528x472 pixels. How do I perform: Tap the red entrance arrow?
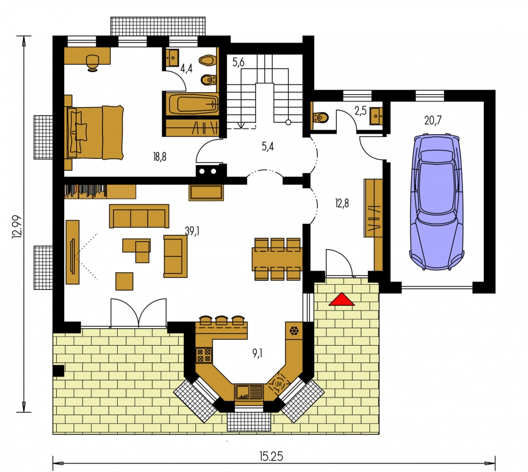click(x=341, y=299)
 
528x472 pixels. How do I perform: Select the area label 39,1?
click(x=192, y=231)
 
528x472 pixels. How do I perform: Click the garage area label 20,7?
click(x=433, y=120)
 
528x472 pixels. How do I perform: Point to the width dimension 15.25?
click(x=271, y=457)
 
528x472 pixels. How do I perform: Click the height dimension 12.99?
click(x=17, y=227)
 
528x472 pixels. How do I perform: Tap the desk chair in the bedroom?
click(x=92, y=63)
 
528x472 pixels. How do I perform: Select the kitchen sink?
click(x=249, y=392)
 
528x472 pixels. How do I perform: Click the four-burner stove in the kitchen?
click(x=204, y=356)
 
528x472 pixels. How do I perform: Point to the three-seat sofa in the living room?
click(x=139, y=216)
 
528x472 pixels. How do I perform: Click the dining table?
click(x=277, y=259)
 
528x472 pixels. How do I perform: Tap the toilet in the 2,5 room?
click(x=320, y=117)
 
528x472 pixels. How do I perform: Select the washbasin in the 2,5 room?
click(x=376, y=116)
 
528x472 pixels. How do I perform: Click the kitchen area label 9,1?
click(x=257, y=353)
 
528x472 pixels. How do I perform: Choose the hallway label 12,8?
click(x=342, y=203)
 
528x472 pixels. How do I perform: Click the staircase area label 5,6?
click(x=238, y=62)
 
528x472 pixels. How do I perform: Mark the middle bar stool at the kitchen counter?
click(x=222, y=320)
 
